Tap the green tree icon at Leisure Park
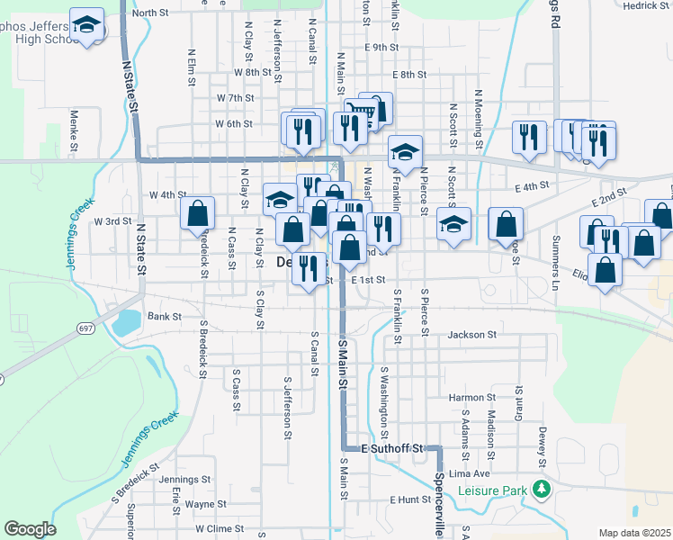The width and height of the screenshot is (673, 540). coord(541,490)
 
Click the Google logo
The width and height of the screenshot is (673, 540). coord(30,529)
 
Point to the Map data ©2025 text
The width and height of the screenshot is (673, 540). coord(634,533)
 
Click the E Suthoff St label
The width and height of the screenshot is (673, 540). coord(391,447)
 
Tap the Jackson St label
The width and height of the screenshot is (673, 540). coord(472,335)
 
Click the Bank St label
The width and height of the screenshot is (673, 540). coord(165,317)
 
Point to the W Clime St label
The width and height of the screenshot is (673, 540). coord(220,529)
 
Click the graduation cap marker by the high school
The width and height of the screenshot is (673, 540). coord(87,25)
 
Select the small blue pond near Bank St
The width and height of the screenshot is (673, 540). coord(127,319)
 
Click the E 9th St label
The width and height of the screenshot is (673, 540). coord(381,47)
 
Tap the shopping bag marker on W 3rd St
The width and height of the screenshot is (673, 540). coord(198,212)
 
